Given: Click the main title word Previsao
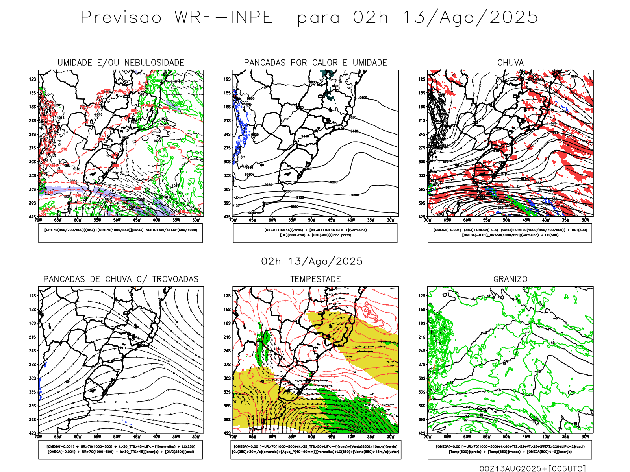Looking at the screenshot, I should pyautogui.click(x=121, y=18).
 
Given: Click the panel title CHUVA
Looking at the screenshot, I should pyautogui.click(x=510, y=63).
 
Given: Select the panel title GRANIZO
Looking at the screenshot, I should pyautogui.click(x=510, y=279).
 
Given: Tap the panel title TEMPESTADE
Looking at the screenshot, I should pyautogui.click(x=315, y=279).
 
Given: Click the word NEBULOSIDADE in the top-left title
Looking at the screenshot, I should pyautogui.click(x=154, y=63).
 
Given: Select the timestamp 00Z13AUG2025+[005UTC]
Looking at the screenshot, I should pyautogui.click(x=532, y=468).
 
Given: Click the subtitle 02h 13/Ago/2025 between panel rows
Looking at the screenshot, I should pyautogui.click(x=312, y=262).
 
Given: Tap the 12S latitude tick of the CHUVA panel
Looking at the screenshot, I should pyautogui.click(x=422, y=79).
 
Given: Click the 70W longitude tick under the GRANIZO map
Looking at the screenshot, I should pyautogui.click(x=428, y=437).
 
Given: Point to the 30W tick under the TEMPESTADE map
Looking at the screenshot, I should pyautogui.click(x=391, y=437).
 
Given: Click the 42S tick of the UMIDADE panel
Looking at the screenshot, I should pyautogui.click(x=32, y=217).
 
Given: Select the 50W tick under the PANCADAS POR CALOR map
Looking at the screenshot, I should pyautogui.click(x=312, y=220).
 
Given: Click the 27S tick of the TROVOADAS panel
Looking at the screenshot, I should pyautogui.click(x=32, y=365).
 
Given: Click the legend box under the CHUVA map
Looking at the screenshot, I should pyautogui.click(x=510, y=233).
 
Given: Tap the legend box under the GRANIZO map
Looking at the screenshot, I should pyautogui.click(x=510, y=449).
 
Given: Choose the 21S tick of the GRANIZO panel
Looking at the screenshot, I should pyautogui.click(x=422, y=337).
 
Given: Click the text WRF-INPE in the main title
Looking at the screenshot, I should pyautogui.click(x=224, y=18).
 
